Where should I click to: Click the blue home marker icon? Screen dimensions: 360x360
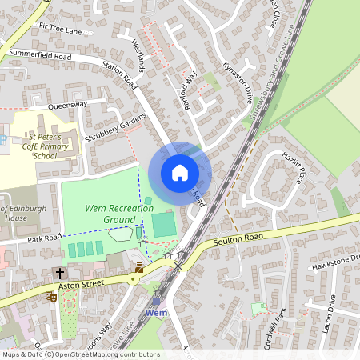[180, 173]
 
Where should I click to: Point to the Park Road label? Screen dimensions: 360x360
[43, 238]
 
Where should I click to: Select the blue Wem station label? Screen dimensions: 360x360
[156, 312]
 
